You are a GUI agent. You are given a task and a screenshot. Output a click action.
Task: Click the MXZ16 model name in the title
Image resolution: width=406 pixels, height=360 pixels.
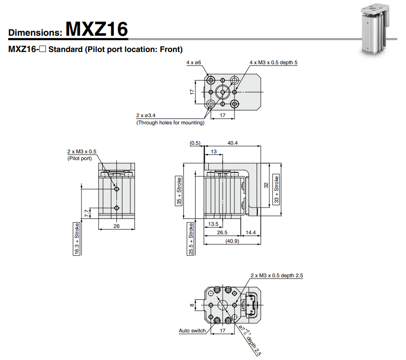(x=96, y=29)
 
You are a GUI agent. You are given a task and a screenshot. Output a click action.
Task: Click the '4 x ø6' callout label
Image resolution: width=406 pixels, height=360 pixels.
(x=193, y=62)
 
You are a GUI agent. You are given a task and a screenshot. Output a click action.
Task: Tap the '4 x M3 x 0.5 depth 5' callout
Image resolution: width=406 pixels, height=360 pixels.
(x=273, y=62)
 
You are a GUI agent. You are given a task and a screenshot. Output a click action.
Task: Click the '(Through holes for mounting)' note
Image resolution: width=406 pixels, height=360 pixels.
(x=170, y=123)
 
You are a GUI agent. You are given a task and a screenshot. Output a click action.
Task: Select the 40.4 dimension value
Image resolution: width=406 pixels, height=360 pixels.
(x=233, y=143)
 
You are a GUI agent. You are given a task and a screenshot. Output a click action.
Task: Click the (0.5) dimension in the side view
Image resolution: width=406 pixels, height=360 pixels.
(x=195, y=143)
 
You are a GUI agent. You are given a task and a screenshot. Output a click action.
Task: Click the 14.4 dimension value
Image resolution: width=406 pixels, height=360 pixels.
(x=250, y=233)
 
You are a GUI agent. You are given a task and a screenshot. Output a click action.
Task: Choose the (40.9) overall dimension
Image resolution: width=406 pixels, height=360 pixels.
(x=232, y=242)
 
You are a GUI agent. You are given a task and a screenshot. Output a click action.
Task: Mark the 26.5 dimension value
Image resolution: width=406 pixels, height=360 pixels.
(x=222, y=233)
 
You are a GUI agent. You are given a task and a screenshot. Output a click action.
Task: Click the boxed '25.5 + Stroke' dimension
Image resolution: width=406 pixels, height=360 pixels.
(x=191, y=238)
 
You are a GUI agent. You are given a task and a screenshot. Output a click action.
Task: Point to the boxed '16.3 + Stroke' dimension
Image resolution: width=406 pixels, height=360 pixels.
(x=77, y=238)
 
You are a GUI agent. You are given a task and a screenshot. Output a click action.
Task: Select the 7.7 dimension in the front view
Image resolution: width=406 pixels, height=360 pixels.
(x=86, y=213)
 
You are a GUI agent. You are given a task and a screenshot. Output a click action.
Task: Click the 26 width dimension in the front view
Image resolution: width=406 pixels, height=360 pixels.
(x=116, y=226)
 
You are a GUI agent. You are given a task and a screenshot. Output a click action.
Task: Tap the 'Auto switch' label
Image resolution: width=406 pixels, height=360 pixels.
(x=192, y=331)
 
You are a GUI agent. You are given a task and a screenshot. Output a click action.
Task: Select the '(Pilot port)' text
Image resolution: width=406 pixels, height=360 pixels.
(x=80, y=158)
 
